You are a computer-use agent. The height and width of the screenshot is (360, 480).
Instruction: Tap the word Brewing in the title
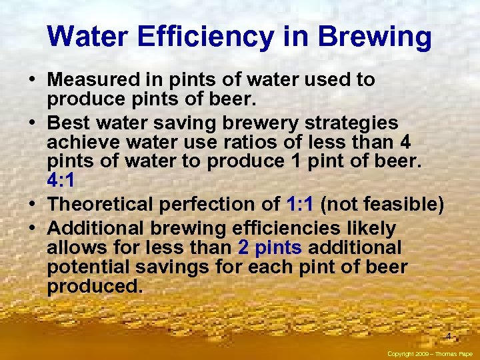click(375, 37)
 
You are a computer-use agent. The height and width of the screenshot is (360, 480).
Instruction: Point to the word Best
click(69, 124)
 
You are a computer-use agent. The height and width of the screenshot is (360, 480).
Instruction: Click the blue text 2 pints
click(269, 248)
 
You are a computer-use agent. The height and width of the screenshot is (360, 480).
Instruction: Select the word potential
click(87, 267)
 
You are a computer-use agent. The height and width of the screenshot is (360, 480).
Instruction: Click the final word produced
click(95, 287)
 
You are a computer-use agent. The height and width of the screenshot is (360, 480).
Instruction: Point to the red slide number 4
click(449, 336)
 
